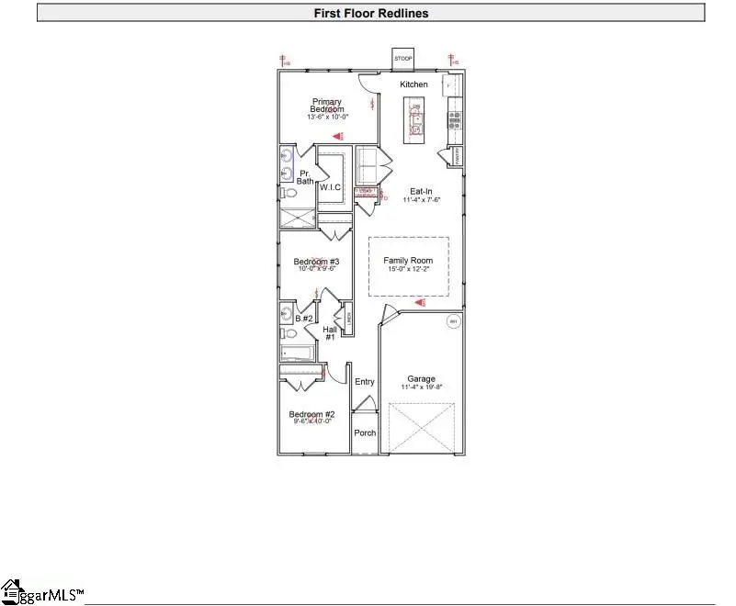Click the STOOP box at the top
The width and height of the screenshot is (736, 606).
coord(402,58)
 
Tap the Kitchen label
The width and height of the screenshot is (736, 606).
coord(413,84)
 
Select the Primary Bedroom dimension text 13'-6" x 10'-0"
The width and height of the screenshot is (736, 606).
coord(328,117)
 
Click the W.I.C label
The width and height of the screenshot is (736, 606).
coord(330,187)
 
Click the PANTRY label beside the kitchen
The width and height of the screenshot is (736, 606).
coord(457,155)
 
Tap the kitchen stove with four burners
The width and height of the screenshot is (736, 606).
coord(454,118)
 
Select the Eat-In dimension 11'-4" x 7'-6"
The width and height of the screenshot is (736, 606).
coord(422,199)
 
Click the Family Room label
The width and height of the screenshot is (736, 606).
coord(408,261)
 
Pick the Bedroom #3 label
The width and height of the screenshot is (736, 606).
coord(317,262)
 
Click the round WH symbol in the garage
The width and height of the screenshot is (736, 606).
coord(453,321)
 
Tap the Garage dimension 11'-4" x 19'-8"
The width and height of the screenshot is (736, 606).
coord(422,387)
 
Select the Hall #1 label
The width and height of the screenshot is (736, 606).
coord(329,333)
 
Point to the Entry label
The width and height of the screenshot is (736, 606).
coord(365,382)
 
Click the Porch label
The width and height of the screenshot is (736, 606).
coord(365,432)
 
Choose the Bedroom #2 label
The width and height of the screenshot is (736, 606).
coord(312,414)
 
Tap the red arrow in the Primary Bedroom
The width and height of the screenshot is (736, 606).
coord(339,134)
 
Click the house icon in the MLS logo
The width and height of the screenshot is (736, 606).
coord(11,589)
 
